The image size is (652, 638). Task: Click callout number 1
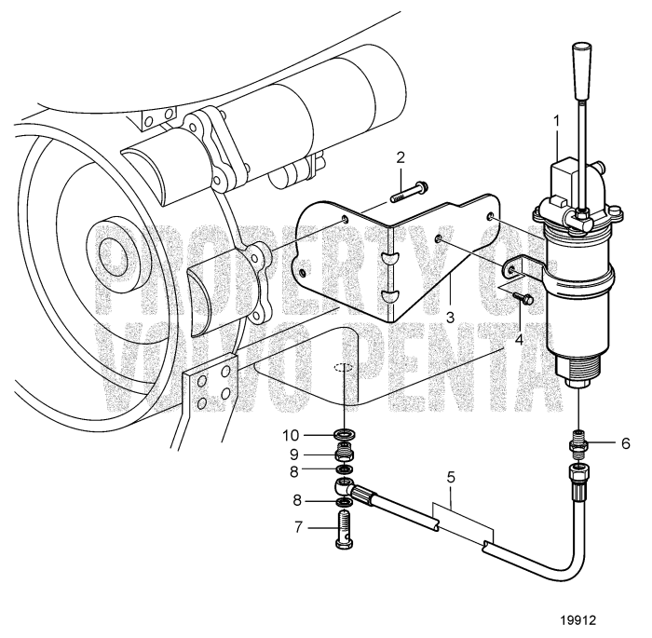pos(557,121)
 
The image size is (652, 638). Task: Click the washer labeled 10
pos(344,434)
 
